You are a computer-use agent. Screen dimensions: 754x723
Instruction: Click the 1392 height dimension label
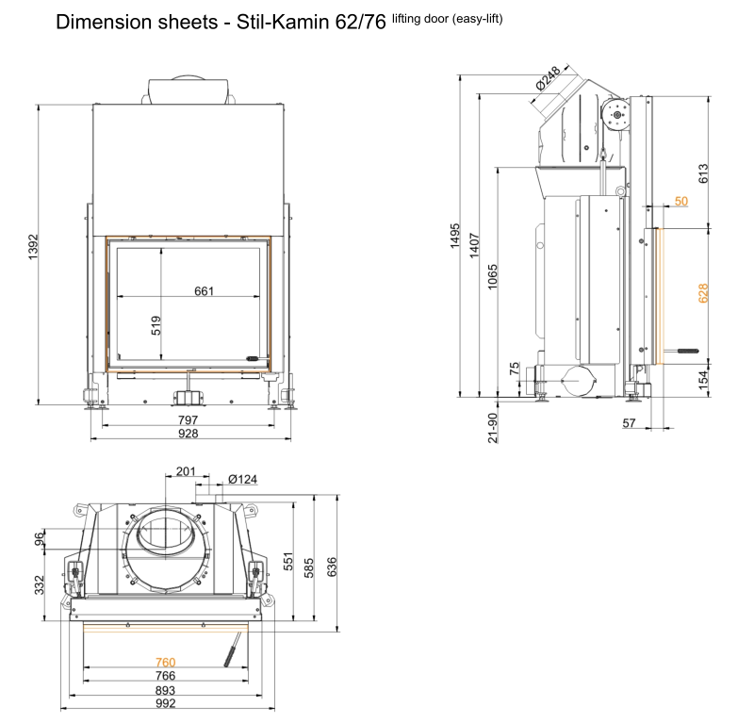pyautogui.click(x=33, y=247)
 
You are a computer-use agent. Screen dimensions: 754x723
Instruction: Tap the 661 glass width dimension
pyautogui.click(x=204, y=291)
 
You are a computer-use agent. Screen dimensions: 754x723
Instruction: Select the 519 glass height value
pyautogui.click(x=156, y=325)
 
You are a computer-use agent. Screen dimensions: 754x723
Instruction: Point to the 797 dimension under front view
pyautogui.click(x=188, y=420)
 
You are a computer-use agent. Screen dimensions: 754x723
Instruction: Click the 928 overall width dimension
pyautogui.click(x=188, y=434)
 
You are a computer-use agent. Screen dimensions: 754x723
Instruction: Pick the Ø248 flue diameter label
pyautogui.click(x=548, y=78)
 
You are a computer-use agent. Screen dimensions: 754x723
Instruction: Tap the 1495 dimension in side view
pyautogui.click(x=455, y=236)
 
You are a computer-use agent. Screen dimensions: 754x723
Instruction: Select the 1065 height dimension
pyautogui.click(x=492, y=276)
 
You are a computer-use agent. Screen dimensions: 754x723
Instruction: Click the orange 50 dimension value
pyautogui.click(x=681, y=201)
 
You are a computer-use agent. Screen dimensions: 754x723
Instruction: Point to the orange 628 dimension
pyautogui.click(x=703, y=293)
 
